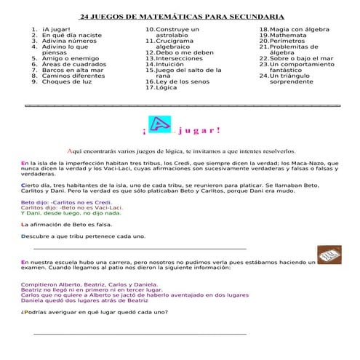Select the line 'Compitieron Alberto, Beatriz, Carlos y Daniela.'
click(x=90, y=284)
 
